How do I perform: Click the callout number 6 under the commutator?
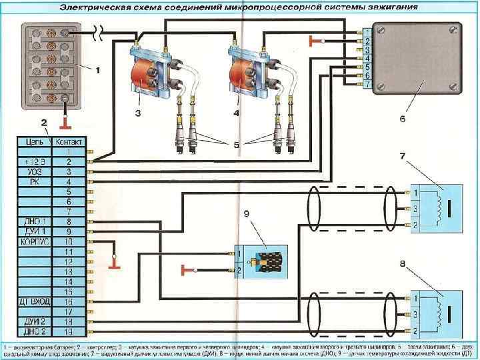[x=403, y=119]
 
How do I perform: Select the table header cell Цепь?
[x=35, y=141]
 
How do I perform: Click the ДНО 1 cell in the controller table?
[x=35, y=221]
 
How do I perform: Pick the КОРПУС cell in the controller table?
[x=35, y=241]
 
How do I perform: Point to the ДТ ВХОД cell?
[x=35, y=302]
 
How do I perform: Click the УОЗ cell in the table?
[x=35, y=171]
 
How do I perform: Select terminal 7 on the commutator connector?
[x=367, y=85]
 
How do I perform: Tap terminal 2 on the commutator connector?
[x=367, y=41]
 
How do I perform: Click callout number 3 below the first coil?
[x=137, y=113]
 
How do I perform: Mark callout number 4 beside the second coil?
[x=236, y=113]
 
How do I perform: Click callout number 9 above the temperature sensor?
[x=246, y=214]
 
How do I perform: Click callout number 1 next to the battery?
[x=98, y=69]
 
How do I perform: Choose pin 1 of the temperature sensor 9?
[x=239, y=254]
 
